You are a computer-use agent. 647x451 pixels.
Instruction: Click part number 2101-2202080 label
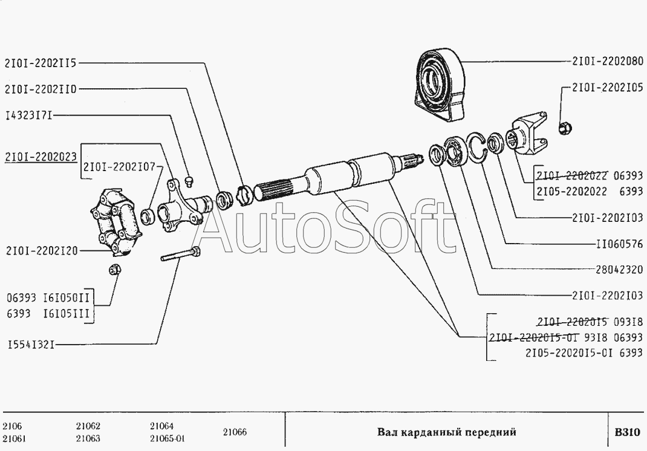pos(607,62)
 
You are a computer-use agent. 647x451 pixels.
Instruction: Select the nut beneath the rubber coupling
pos(114,269)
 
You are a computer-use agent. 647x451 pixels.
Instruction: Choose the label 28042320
pos(619,270)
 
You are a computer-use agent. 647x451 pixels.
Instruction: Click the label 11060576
pos(619,244)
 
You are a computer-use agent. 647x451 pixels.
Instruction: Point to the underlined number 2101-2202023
pos(41,157)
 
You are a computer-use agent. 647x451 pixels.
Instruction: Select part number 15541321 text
pos(31,344)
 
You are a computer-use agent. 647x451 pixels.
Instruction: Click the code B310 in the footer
pos(628,432)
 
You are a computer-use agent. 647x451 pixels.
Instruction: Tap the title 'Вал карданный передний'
pos(446,432)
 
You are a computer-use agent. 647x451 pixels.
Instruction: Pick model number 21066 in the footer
pos(235,432)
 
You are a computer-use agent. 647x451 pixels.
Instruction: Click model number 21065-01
pos(167,438)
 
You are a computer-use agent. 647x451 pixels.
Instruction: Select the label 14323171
pos(29,115)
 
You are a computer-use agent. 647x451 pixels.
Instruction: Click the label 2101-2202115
pos(41,63)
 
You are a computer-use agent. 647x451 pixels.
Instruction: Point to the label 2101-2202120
pos(42,250)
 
